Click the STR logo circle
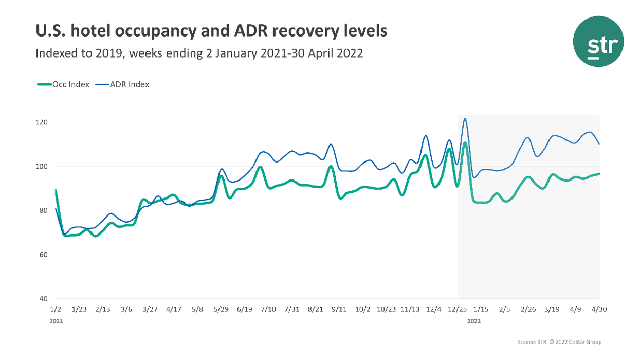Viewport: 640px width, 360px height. pos(598,41)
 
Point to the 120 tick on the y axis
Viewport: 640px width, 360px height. pos(42,122)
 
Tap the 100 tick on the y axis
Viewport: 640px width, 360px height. pos(42,166)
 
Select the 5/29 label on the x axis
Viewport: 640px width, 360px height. pos(221,309)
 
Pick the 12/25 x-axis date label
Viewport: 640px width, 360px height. pos(458,309)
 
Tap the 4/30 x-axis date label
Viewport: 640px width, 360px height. pos(599,309)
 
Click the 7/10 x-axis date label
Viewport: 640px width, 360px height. pos(268,309)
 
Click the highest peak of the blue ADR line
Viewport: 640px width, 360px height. pos(465,119)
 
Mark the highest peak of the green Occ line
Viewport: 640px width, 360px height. pos(464,142)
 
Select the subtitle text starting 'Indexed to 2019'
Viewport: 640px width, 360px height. pos(199,53)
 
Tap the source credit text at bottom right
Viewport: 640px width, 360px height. pos(559,342)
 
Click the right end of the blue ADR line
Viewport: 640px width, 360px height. pos(599,144)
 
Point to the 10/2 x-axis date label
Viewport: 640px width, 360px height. pos(363,309)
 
